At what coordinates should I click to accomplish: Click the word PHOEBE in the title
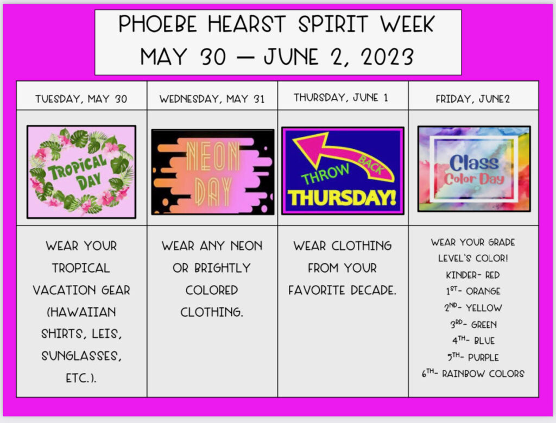(157, 24)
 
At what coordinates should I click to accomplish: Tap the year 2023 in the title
(388, 56)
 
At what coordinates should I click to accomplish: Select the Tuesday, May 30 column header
(81, 99)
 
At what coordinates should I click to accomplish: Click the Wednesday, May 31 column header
(212, 99)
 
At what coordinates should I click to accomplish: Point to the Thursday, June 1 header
(341, 98)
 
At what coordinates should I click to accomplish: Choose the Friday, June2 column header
(473, 99)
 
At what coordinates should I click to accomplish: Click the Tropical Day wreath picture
(81, 172)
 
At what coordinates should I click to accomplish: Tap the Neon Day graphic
(213, 172)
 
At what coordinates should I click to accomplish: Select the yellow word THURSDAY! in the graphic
(342, 198)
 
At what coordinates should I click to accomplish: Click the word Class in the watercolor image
(474, 163)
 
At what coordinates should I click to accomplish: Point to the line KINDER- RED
(473, 275)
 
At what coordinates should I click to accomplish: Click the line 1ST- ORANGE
(473, 291)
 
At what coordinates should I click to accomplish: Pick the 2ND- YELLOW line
(473, 308)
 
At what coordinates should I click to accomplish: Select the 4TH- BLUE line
(473, 340)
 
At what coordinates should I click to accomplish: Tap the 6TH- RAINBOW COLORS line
(473, 374)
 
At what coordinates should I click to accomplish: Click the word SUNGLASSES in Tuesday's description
(81, 356)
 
